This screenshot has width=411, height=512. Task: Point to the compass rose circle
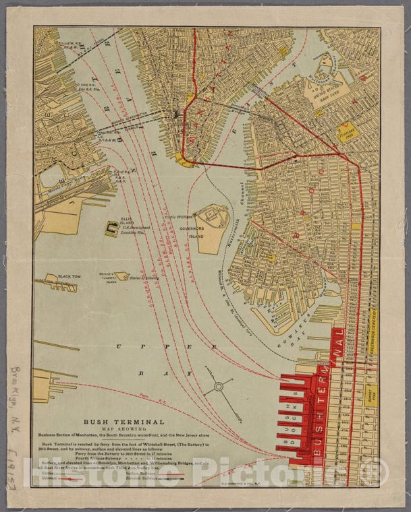[218, 387]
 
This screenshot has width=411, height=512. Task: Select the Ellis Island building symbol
[111, 229]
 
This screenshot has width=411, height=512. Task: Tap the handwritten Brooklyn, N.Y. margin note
[16, 411]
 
